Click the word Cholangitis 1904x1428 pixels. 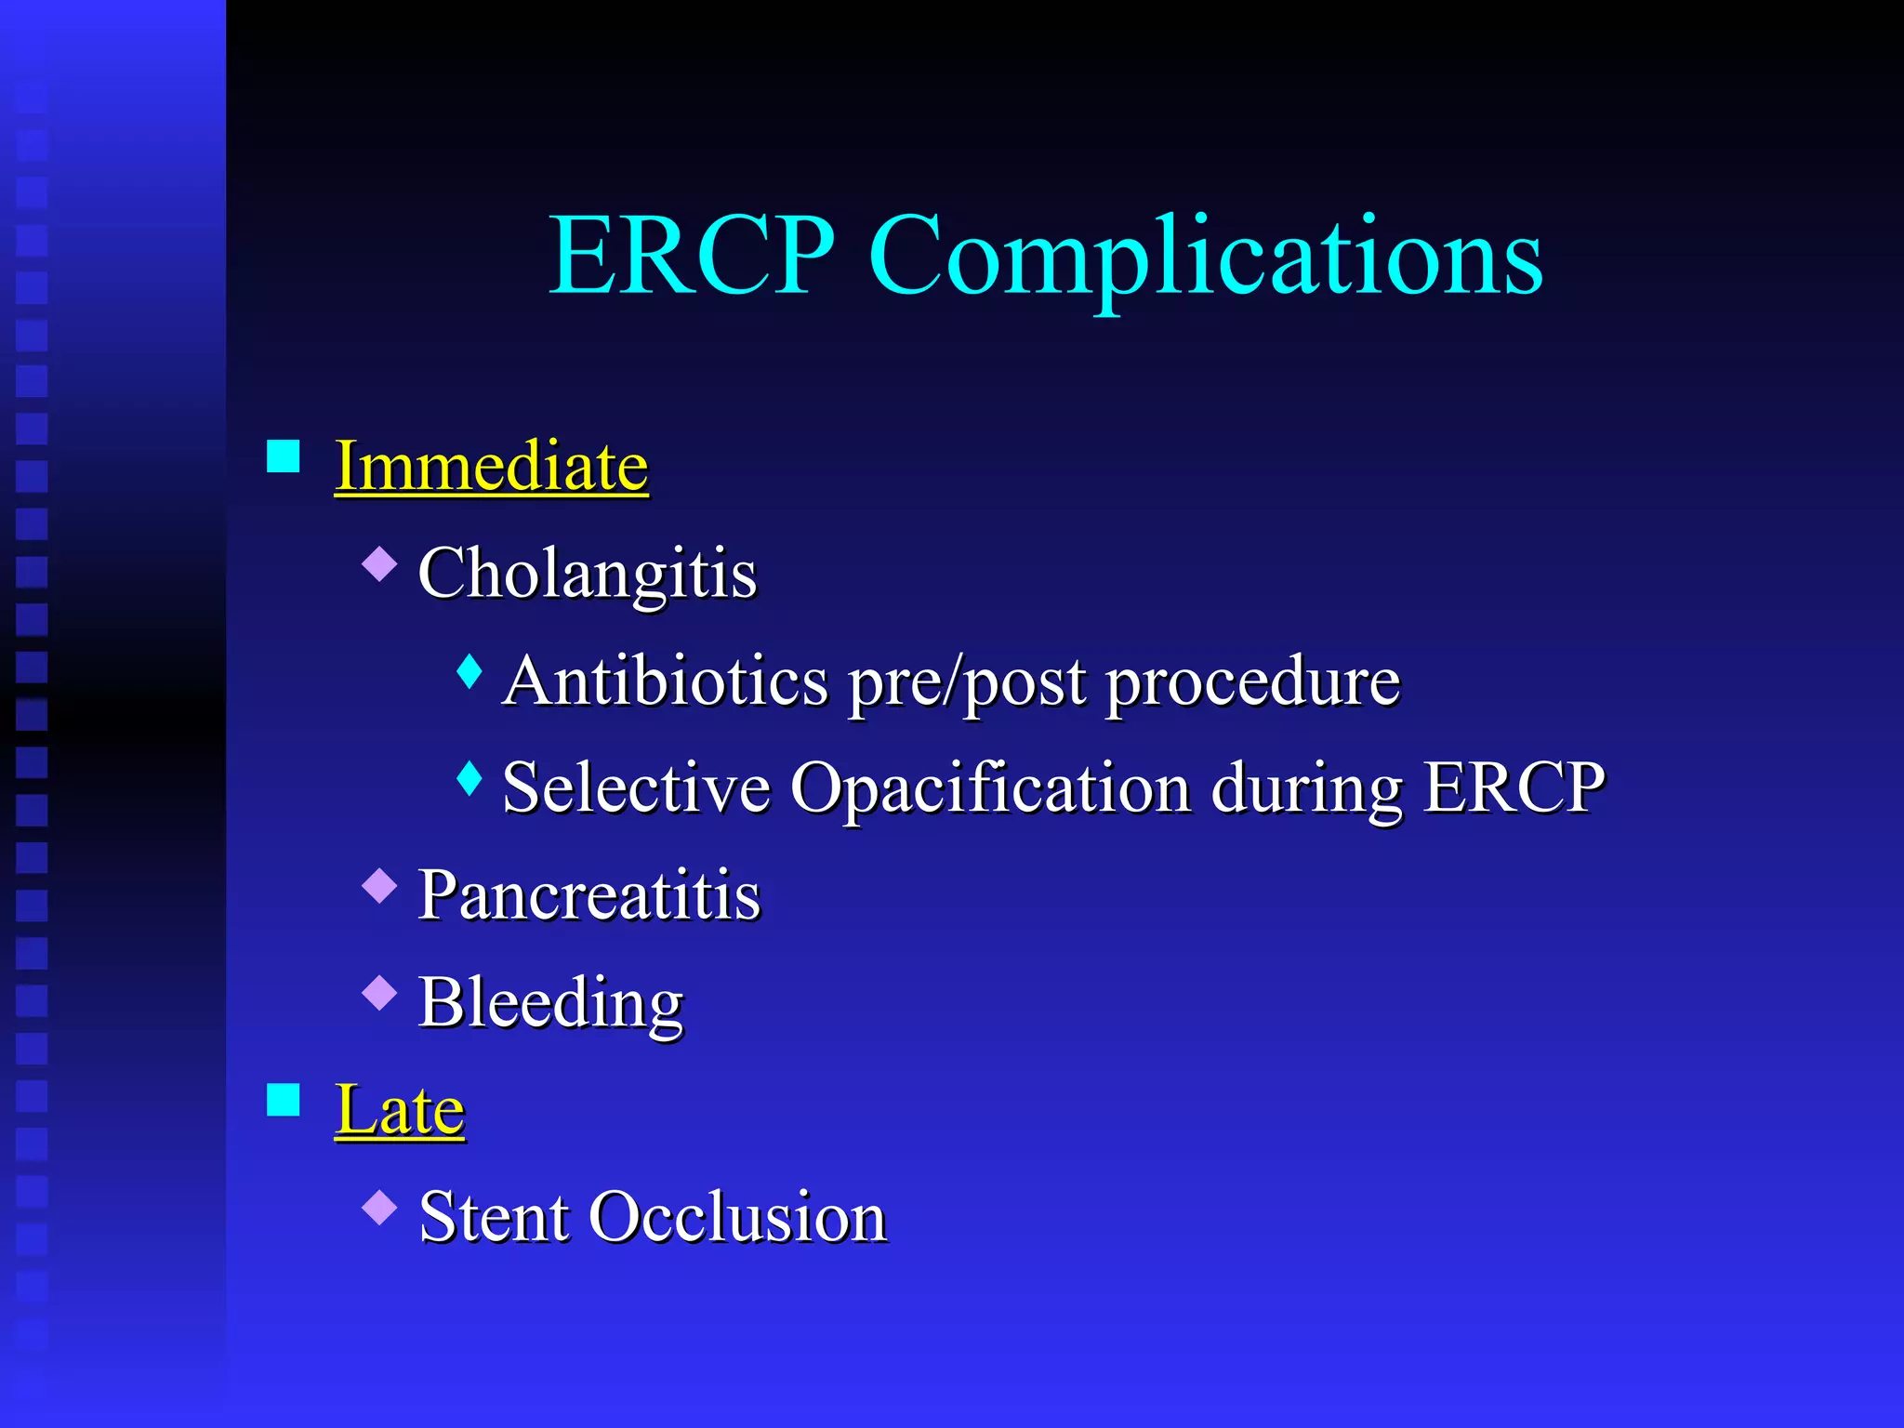(588, 574)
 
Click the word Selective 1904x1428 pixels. (636, 787)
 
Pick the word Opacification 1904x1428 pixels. (990, 789)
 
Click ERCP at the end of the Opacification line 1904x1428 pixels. (1514, 787)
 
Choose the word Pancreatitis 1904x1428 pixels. (589, 895)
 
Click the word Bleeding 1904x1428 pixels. (550, 1003)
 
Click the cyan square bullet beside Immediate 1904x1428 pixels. (284, 456)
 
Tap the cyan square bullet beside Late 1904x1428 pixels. (284, 1100)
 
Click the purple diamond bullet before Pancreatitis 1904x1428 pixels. (379, 885)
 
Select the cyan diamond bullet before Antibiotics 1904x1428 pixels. (470, 671)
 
